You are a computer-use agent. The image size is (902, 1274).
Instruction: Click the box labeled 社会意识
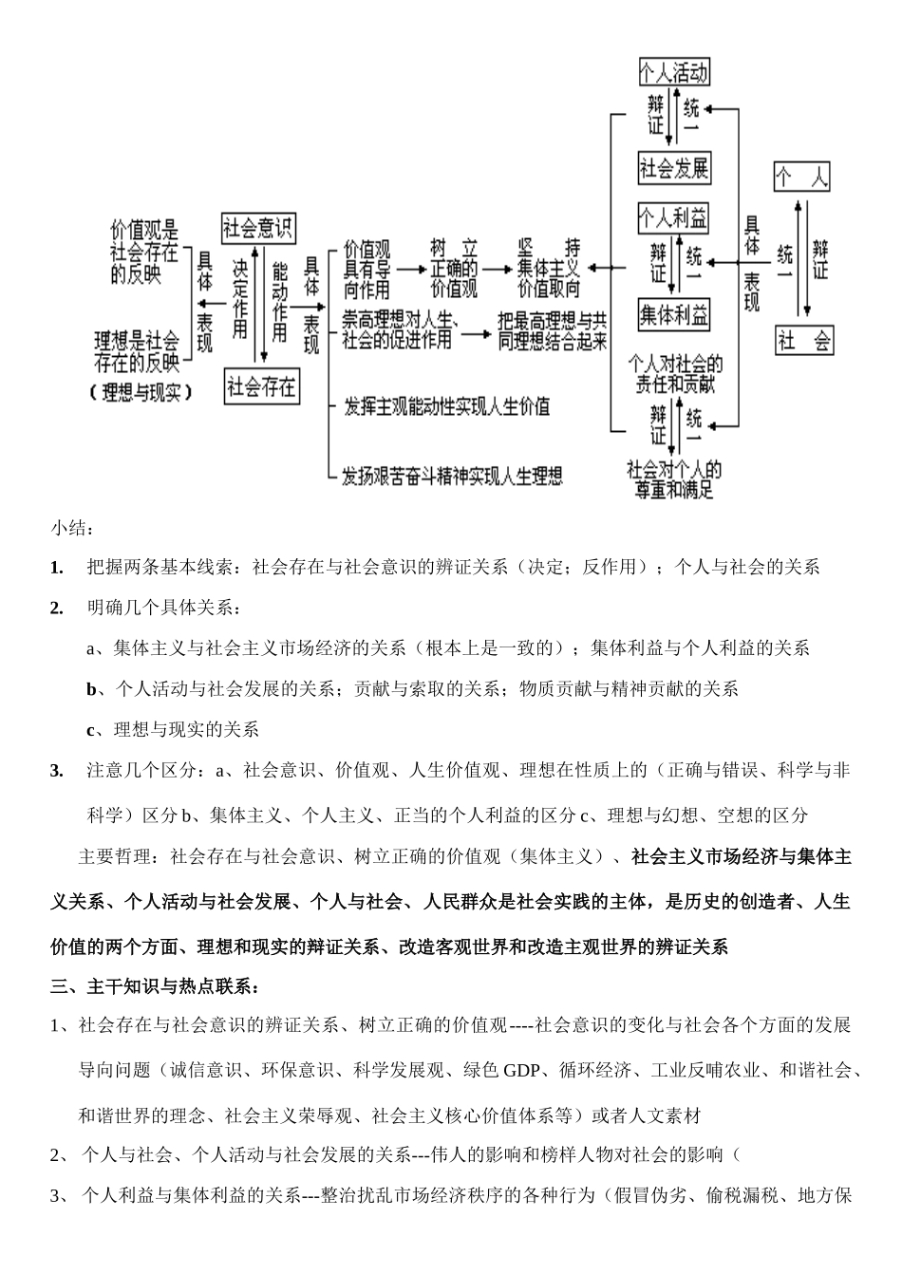[258, 228]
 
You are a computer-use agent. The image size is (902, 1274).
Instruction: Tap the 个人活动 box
[673, 72]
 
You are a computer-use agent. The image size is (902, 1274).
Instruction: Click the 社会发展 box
[673, 168]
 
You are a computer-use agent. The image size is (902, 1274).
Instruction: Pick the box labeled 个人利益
[673, 218]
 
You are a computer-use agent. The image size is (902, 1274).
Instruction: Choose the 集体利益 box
[673, 314]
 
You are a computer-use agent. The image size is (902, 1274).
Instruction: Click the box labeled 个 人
[802, 177]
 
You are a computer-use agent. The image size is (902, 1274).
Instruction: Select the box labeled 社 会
[804, 340]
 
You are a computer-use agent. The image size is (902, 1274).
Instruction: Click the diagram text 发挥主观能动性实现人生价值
[446, 406]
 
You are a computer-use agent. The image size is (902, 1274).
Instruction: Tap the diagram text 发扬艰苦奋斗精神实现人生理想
[452, 475]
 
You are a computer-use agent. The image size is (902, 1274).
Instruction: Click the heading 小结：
[72, 527]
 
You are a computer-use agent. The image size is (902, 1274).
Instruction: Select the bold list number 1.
[57, 568]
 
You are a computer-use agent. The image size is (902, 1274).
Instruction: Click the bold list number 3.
[57, 771]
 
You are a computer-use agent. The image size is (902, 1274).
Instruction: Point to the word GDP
[521, 1071]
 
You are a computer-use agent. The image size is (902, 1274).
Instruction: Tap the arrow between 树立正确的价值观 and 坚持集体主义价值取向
[495, 269]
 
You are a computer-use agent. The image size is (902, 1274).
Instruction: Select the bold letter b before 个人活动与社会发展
[91, 689]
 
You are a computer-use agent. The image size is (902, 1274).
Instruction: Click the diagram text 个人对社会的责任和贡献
[675, 373]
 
